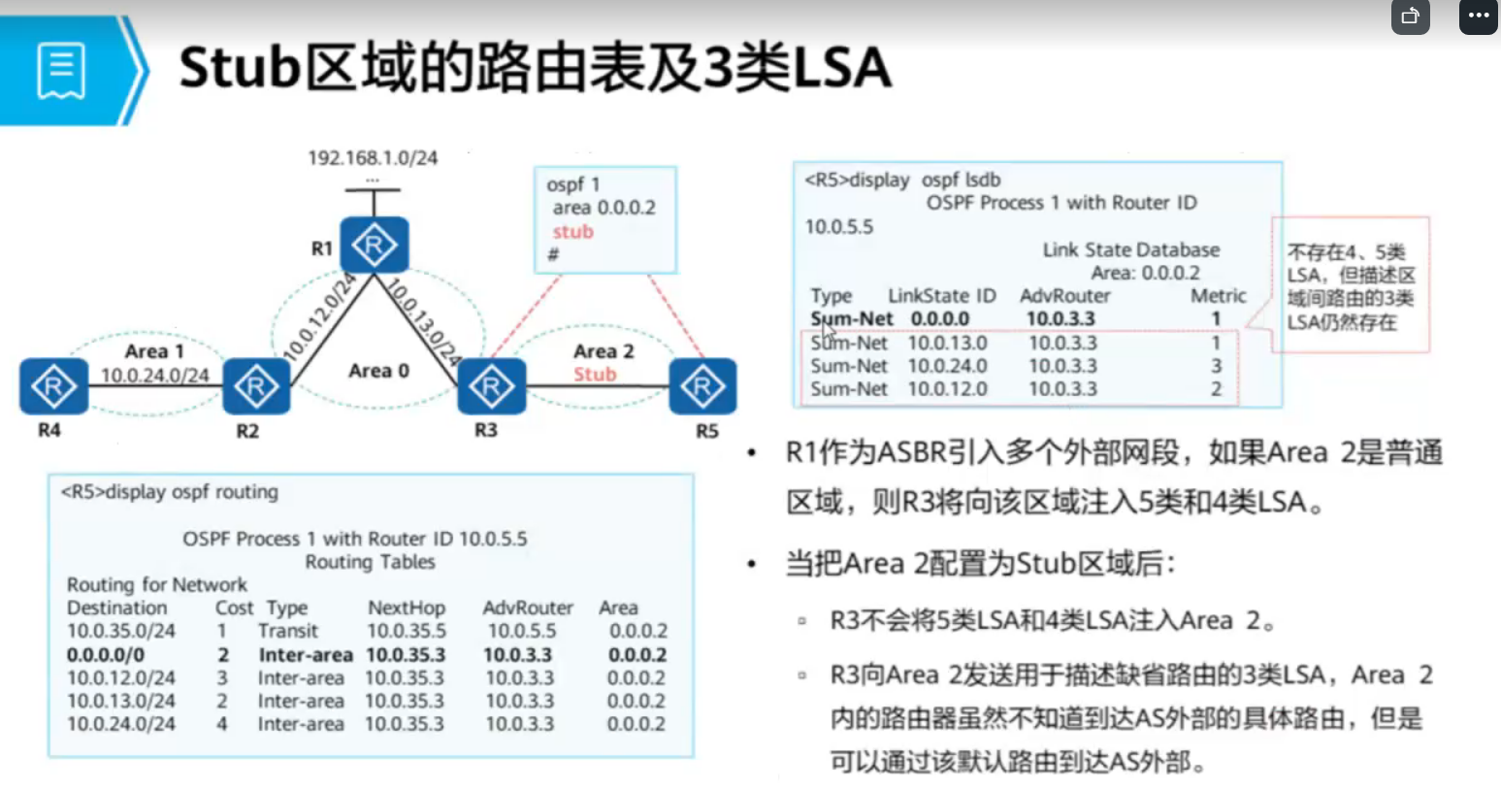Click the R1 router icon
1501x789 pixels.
[x=374, y=245]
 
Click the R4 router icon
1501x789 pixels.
[x=53, y=386]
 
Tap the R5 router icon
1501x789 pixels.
[x=702, y=386]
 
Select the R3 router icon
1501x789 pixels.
[x=491, y=386]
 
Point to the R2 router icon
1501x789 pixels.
[x=256, y=386]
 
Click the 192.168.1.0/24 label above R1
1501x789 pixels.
[x=373, y=157]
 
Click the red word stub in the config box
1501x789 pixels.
[x=572, y=231]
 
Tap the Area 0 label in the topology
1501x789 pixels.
[x=378, y=371]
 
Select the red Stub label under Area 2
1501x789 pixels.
[x=594, y=375]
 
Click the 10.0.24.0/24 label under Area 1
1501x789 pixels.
[x=155, y=376]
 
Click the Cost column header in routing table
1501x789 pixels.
[x=234, y=608]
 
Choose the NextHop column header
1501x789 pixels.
[x=406, y=608]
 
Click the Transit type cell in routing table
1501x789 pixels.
[x=288, y=631]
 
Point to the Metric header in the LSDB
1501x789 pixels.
[x=1218, y=296]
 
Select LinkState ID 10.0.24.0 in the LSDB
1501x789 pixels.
[x=947, y=366]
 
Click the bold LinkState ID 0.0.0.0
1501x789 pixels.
[x=939, y=319]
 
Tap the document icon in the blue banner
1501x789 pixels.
[x=61, y=70]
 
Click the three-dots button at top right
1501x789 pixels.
[x=1478, y=16]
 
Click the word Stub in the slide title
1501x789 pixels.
[x=239, y=68]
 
